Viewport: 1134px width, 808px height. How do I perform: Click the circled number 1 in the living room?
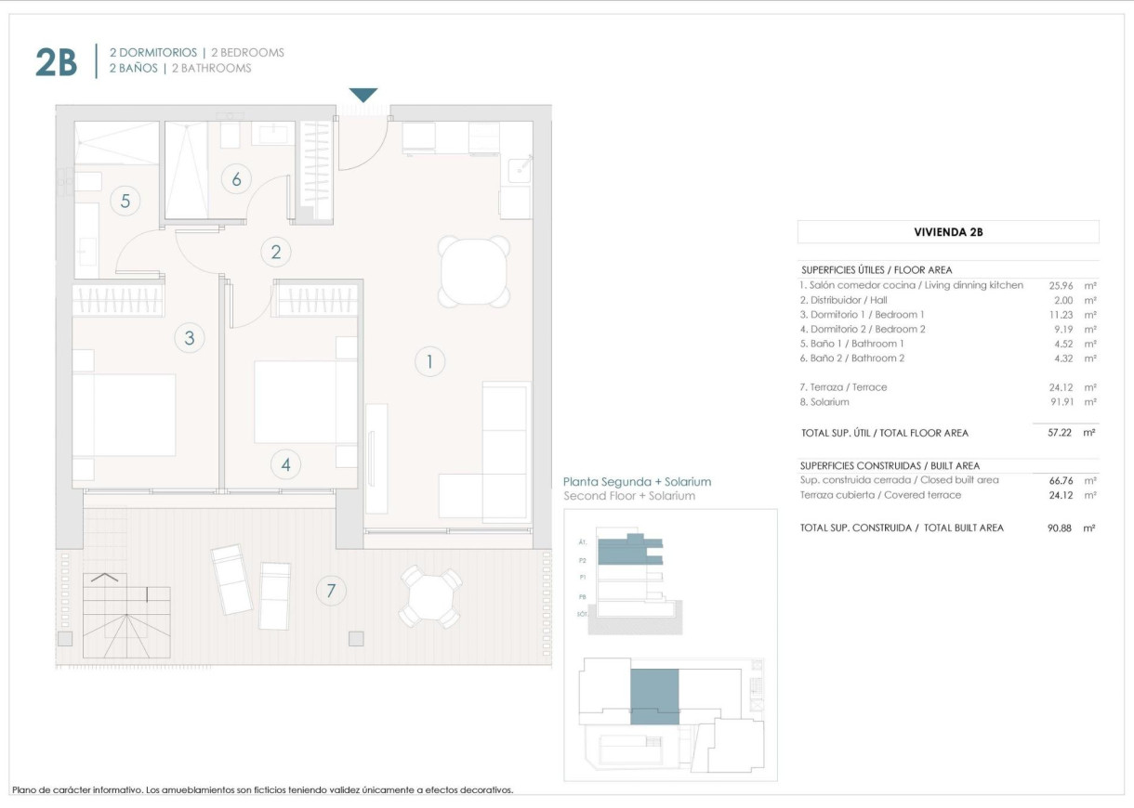(x=429, y=361)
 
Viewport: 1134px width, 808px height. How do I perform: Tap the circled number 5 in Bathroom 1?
(x=125, y=200)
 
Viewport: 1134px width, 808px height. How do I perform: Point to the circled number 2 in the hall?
(x=275, y=251)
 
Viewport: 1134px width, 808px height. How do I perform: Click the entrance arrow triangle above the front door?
(x=363, y=95)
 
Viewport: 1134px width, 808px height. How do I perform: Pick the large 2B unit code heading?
(x=56, y=62)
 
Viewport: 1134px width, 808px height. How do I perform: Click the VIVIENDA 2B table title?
(x=948, y=232)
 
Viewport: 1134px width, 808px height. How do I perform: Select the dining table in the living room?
(x=474, y=271)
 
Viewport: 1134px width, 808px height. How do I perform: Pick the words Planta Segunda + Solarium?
(x=637, y=482)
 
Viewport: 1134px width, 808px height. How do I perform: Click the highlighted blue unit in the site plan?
(x=654, y=696)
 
